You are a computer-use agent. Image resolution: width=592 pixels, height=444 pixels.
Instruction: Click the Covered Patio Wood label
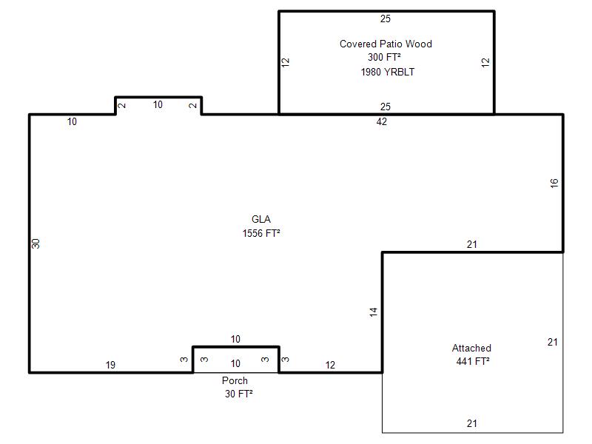(386, 44)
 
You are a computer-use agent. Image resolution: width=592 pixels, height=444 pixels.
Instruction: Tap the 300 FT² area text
(384, 57)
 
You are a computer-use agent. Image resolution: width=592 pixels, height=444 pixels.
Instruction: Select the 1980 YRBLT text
(387, 72)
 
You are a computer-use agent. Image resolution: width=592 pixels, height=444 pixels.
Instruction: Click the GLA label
(261, 219)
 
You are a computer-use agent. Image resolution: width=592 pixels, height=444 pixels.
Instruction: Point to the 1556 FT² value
(261, 233)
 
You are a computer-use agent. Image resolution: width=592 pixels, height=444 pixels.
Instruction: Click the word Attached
(471, 348)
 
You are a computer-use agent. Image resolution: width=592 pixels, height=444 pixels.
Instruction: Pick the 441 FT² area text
(473, 361)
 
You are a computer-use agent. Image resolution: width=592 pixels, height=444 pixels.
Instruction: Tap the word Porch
(235, 380)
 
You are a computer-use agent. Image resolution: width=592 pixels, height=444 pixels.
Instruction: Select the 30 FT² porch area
(238, 394)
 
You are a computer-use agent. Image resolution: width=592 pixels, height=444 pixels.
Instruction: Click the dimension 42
(381, 121)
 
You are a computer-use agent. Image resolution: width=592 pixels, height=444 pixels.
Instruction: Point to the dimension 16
(554, 184)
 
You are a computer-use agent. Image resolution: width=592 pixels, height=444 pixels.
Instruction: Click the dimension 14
(374, 312)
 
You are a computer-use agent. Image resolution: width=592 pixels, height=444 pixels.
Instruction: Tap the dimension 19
(110, 365)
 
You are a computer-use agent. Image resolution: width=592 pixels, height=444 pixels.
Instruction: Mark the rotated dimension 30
(36, 244)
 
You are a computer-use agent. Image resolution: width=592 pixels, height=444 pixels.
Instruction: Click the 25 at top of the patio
(385, 19)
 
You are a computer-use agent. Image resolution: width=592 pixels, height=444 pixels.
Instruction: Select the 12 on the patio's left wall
(286, 62)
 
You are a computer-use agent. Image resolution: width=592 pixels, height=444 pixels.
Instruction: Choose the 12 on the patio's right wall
(485, 62)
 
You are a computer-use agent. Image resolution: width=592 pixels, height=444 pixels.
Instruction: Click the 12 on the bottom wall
(330, 365)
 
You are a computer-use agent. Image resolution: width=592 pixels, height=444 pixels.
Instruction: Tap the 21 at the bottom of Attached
(471, 423)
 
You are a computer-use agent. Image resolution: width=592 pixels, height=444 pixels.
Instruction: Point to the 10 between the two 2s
(158, 104)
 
